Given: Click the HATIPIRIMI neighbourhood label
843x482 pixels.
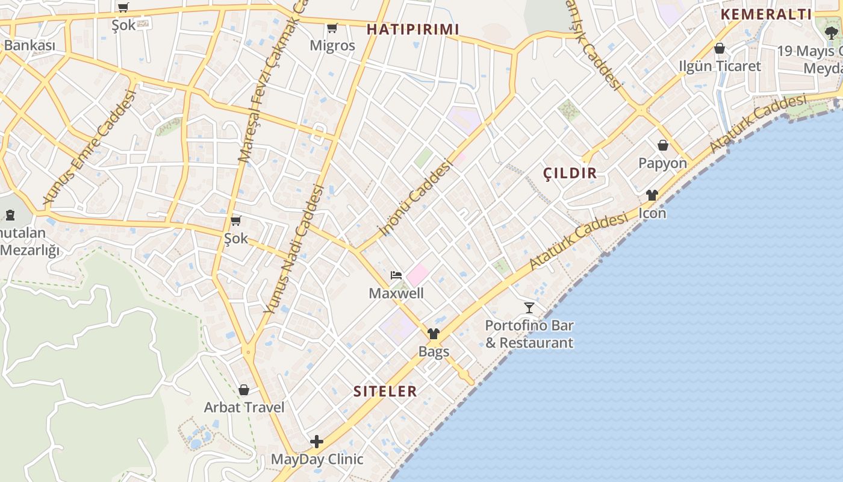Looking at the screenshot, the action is pos(412,29).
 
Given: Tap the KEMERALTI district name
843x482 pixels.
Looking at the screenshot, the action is pos(766,14).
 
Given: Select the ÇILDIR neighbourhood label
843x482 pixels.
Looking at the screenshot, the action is pos(570,174).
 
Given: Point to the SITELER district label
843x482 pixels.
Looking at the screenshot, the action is pos(385,391).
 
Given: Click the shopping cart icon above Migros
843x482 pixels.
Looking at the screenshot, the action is pos(332,28).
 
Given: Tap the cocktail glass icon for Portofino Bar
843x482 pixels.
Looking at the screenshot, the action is pos(529,308).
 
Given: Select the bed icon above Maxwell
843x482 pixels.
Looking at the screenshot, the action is pos(396,275).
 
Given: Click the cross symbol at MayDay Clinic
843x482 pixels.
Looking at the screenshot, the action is pos(317,442).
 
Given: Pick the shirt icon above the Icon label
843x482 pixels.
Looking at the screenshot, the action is pos(652,195).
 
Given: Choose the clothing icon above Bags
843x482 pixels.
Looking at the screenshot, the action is pos(434,334).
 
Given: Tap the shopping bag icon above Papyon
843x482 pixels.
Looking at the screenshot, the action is pos(663,145).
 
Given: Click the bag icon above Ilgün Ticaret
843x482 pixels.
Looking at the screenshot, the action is pos(720,48).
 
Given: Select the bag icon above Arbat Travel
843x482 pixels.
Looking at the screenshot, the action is pos(244,390).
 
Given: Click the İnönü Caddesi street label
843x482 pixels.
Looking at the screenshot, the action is pos(415,197).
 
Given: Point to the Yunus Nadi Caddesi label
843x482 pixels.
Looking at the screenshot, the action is pos(294,249).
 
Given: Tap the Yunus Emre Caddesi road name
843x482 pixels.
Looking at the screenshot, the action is pos(89,146).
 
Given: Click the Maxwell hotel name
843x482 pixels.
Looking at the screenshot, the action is pos(396,293).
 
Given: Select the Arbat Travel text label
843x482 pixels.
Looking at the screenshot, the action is pos(244,407).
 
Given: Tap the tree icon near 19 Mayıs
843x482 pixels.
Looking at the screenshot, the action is pos(833,34).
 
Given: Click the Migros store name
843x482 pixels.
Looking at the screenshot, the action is pos(332,45).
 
